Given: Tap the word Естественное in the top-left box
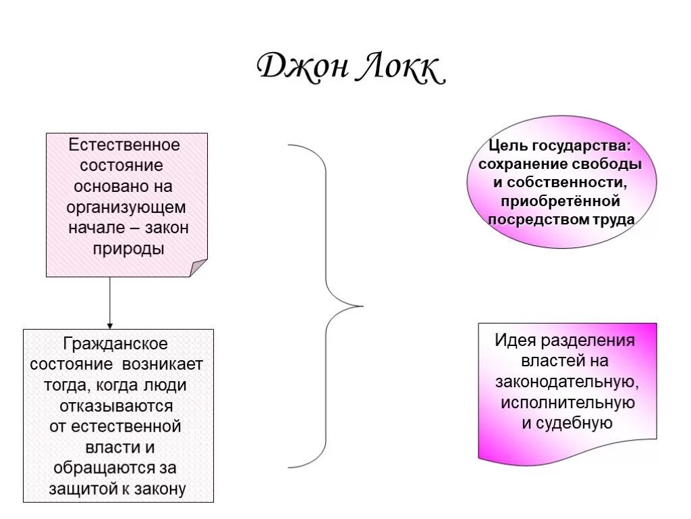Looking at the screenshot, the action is tap(125, 145).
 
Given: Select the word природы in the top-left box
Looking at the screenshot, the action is tap(128, 249).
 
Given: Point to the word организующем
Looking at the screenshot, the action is tap(127, 207).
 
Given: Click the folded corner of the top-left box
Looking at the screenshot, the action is tap(199, 268).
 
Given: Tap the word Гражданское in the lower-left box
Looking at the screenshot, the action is tap(115, 344).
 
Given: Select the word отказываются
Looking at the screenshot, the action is tap(116, 406).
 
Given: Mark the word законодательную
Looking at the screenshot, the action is tap(568, 382).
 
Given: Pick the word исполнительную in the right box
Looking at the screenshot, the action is tap(568, 403).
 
